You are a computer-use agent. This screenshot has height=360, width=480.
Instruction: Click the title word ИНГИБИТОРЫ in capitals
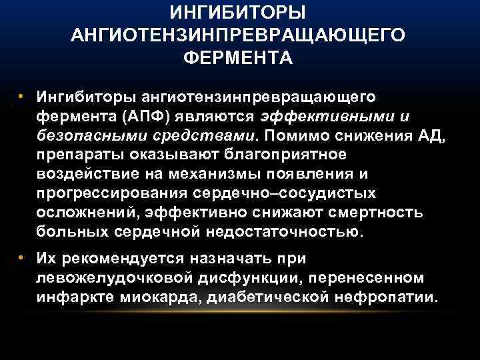239,13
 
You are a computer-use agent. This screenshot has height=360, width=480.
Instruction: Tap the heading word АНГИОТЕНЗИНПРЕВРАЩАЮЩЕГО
239,35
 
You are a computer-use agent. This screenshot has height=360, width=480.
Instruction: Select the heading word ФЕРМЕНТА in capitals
239,57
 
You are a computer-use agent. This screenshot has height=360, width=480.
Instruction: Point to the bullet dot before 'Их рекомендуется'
21,257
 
